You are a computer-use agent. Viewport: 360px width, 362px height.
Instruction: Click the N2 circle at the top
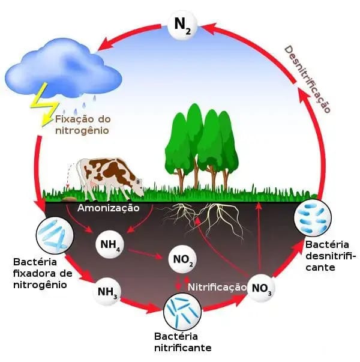(x=182, y=25)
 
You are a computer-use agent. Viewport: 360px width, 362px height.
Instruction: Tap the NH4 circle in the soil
(x=110, y=244)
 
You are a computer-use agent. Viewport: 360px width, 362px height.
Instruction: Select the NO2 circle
(x=182, y=259)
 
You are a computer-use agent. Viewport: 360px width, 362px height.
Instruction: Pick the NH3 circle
(x=107, y=292)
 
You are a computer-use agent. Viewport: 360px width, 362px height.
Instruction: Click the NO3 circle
(x=261, y=288)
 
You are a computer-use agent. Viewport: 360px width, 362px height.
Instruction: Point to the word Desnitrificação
(x=307, y=79)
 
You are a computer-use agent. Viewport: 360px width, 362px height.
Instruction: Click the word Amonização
(x=108, y=208)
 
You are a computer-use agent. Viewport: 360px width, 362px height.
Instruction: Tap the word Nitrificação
(x=217, y=287)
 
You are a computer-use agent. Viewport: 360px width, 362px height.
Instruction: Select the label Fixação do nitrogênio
(x=83, y=125)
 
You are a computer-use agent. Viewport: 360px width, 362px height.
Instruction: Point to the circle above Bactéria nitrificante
(x=182, y=312)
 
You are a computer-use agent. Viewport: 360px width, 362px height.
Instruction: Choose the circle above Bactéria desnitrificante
(x=313, y=218)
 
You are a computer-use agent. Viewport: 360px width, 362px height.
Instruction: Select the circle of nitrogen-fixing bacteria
(x=55, y=235)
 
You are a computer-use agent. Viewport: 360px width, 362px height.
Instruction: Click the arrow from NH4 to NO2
(x=145, y=253)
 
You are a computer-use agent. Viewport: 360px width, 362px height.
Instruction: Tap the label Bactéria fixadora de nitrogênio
(x=43, y=273)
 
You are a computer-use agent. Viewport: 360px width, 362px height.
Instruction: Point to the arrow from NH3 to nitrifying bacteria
(x=141, y=305)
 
